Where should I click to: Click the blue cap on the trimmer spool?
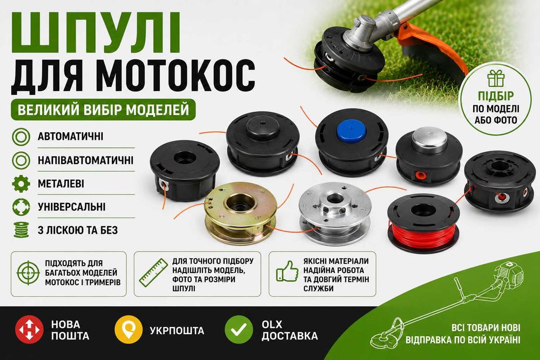(x=351, y=131)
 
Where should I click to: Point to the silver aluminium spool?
(x=334, y=213)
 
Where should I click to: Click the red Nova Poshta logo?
(x=29, y=329)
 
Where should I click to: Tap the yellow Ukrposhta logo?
(x=129, y=329)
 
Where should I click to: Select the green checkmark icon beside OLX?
(x=239, y=329)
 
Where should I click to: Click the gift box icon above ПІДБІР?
(x=496, y=78)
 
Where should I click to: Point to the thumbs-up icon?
(x=287, y=271)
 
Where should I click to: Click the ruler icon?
(x=153, y=272)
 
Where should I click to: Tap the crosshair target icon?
(x=28, y=273)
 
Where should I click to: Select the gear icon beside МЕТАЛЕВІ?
(x=21, y=184)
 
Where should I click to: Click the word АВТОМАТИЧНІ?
(x=71, y=137)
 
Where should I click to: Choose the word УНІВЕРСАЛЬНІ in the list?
(x=72, y=207)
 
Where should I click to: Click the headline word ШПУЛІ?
(x=96, y=33)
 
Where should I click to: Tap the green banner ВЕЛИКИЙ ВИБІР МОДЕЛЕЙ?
(x=103, y=110)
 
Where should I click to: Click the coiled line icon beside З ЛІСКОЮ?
(x=21, y=230)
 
